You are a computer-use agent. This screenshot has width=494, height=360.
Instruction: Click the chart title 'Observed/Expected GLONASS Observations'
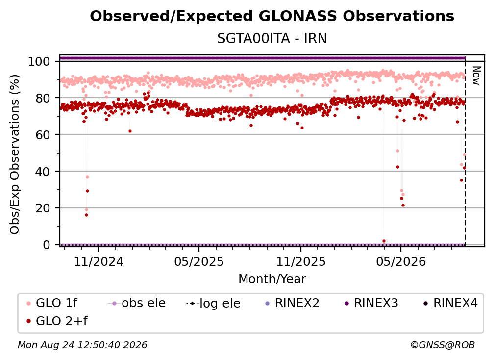point(272,16)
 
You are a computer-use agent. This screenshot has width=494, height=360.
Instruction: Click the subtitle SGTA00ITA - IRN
point(272,38)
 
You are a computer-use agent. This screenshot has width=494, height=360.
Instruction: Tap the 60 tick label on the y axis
point(43,134)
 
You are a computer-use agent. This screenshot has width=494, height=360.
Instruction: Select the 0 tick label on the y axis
point(47,245)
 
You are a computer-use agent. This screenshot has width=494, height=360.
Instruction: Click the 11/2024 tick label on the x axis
point(99,261)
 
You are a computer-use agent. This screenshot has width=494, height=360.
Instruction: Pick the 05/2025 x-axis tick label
point(199,261)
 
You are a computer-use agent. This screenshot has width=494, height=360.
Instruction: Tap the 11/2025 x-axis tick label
point(301,261)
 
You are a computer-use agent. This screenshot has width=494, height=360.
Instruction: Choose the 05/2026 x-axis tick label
point(401,261)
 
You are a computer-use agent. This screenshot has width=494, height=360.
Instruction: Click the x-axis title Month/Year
point(272,279)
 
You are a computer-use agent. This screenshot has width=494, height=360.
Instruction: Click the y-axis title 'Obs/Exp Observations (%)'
point(15,154)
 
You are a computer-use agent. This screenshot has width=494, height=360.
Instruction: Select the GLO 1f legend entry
point(52,303)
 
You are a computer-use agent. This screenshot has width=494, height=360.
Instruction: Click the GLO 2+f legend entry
point(57,321)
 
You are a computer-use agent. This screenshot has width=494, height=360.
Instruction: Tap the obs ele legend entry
point(136,303)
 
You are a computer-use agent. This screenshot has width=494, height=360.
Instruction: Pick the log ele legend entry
point(213,303)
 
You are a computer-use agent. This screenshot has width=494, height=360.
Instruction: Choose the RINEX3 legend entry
point(371,303)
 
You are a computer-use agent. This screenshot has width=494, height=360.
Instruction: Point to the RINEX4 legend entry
point(450,303)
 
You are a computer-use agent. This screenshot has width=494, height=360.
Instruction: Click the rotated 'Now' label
point(476,76)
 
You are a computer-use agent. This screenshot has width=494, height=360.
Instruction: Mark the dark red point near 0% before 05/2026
point(384,241)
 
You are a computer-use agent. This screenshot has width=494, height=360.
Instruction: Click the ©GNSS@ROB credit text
point(443,345)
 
